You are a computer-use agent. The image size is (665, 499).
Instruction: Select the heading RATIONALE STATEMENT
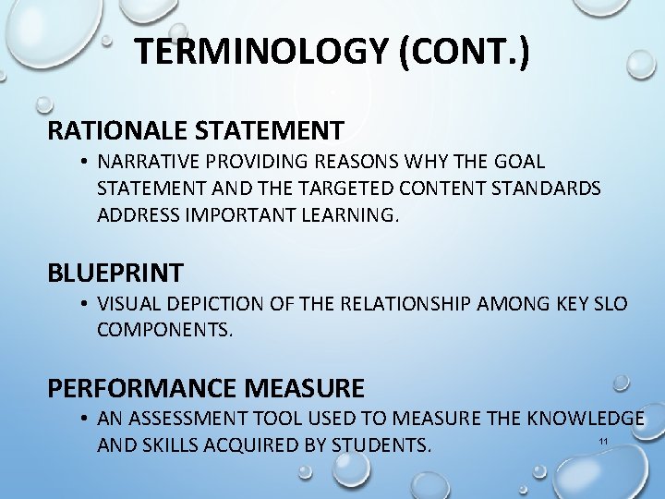coord(196,130)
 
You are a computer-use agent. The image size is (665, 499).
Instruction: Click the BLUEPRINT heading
coord(115,273)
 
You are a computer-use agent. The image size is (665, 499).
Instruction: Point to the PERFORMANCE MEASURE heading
coord(206,388)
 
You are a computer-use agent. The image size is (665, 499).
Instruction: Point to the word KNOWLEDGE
coord(586,420)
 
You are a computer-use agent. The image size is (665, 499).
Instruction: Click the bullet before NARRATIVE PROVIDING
coord(83,163)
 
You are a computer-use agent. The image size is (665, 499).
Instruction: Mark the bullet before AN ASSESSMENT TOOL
coord(83,420)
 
